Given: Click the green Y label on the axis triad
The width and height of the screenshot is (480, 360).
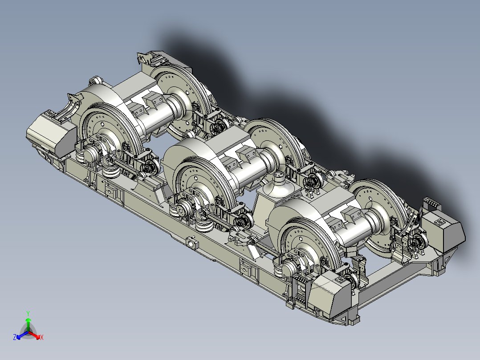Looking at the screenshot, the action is pyautogui.click(x=28, y=313).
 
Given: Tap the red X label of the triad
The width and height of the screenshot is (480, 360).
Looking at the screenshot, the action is pyautogui.click(x=42, y=337).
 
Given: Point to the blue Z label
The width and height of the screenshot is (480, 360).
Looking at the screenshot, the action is pyautogui.click(x=15, y=337).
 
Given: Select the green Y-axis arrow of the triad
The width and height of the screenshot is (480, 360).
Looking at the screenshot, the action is pyautogui.click(x=28, y=324).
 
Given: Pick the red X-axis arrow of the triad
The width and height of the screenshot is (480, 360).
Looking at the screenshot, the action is pyautogui.click(x=34, y=335).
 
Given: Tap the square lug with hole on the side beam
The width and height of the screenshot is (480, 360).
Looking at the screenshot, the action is pyautogui.click(x=191, y=243).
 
